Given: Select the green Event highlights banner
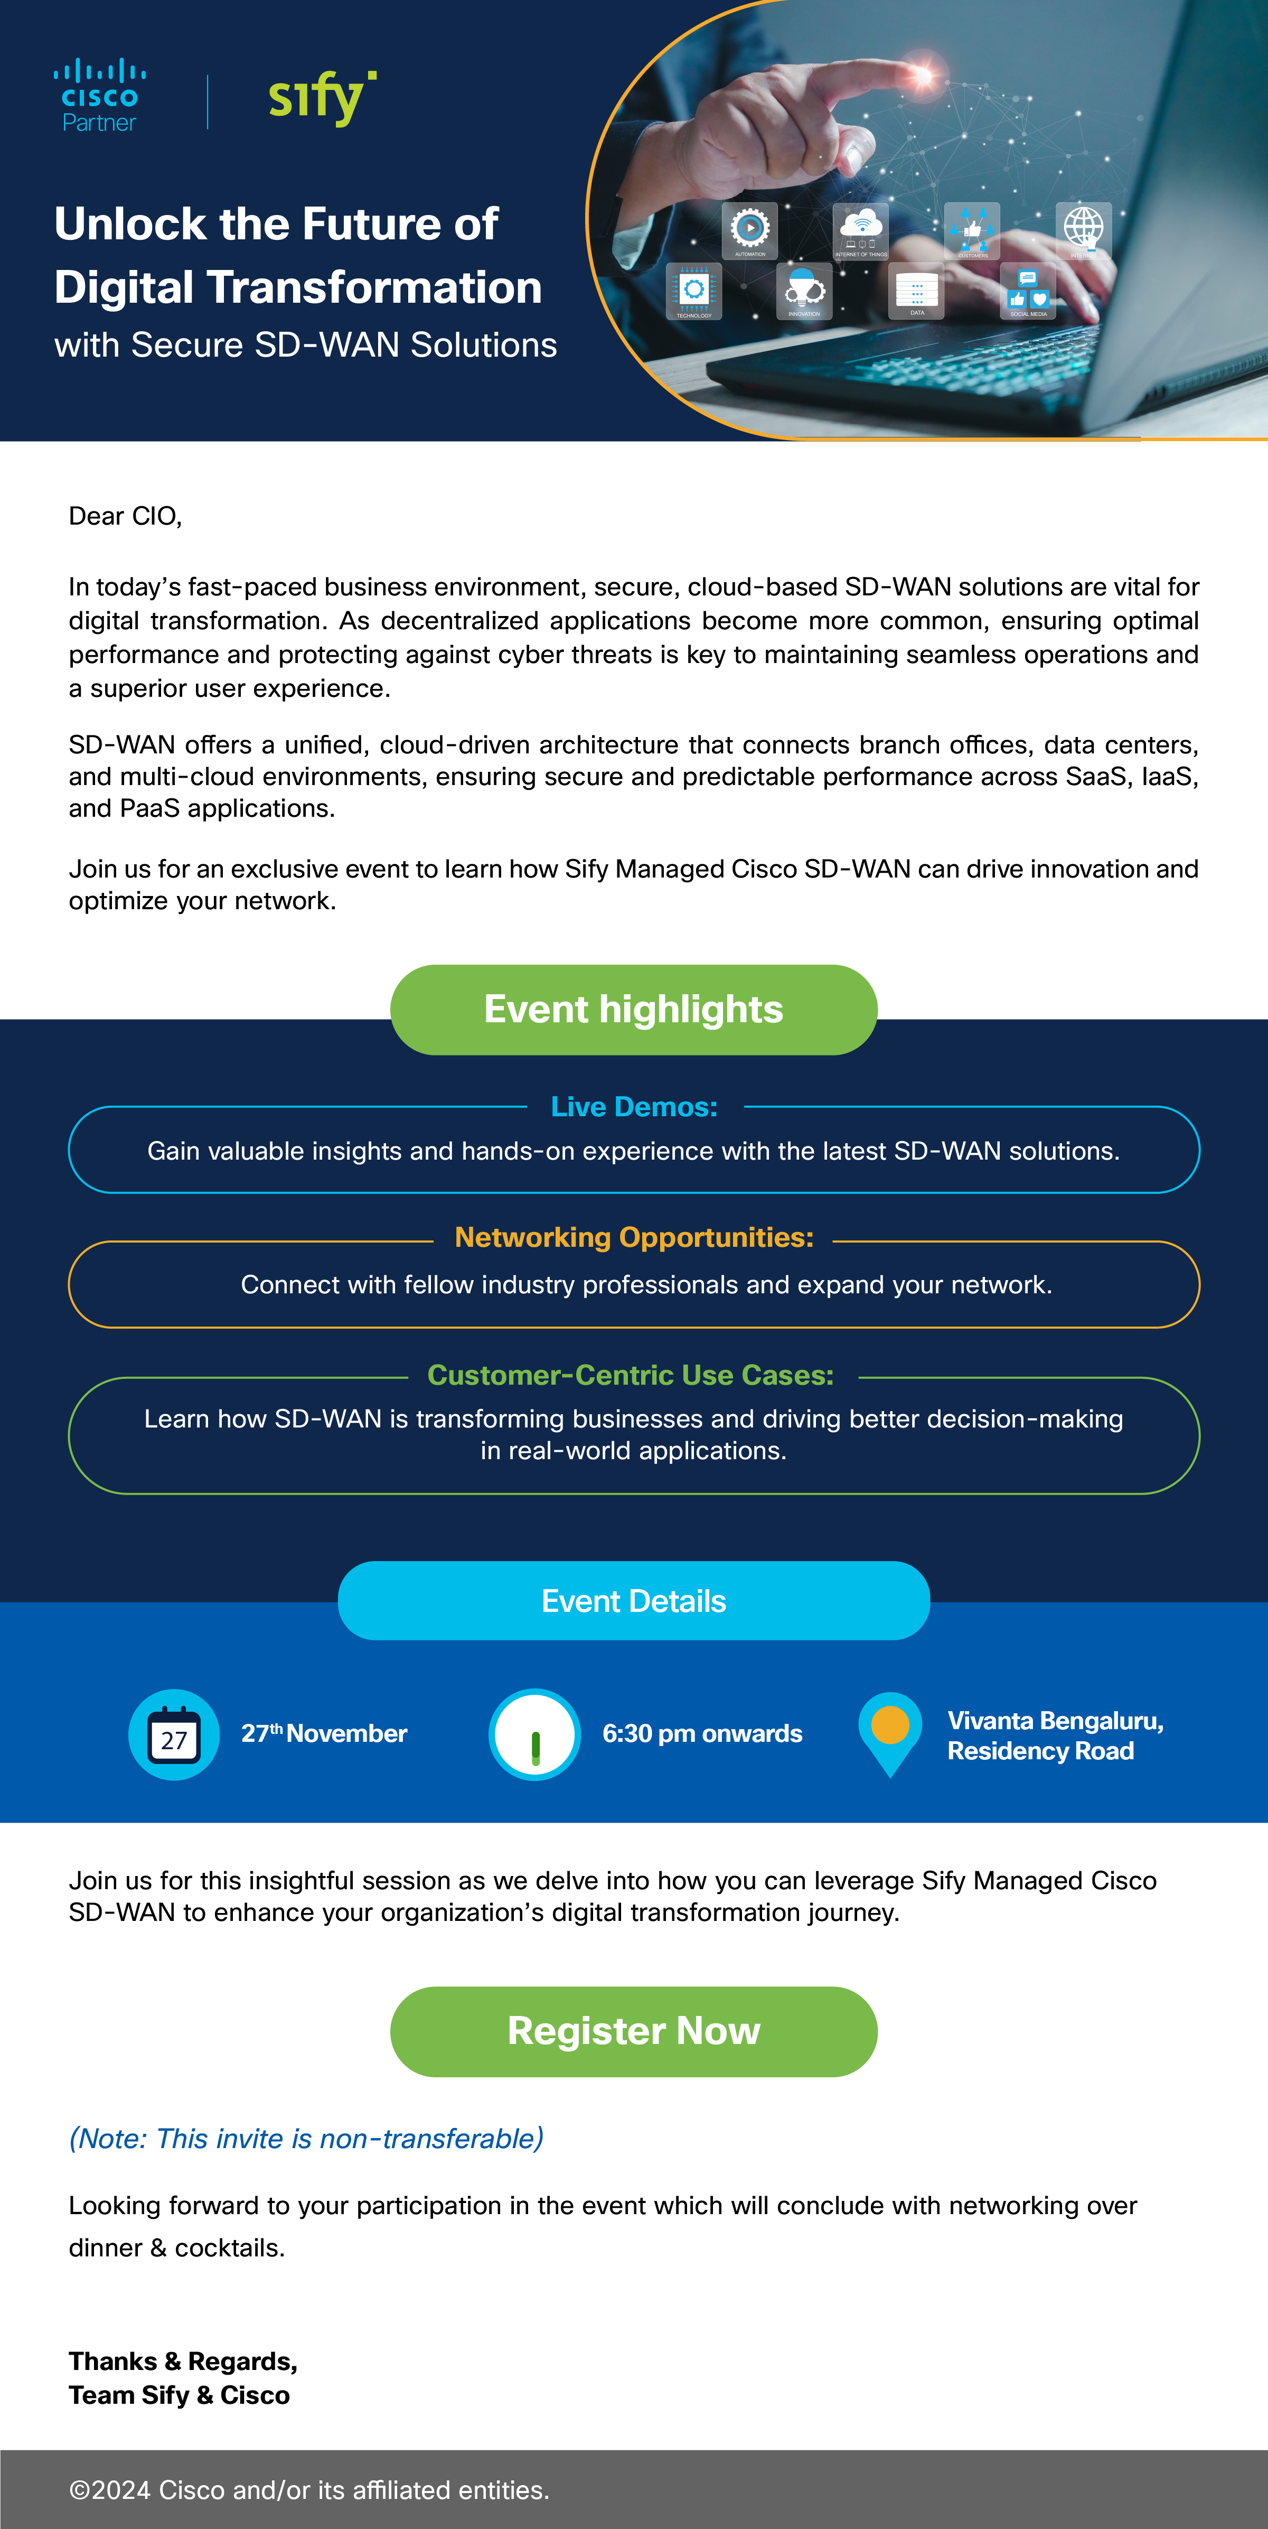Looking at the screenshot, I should point(633,1009).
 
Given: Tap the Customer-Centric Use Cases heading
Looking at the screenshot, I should point(631,1375).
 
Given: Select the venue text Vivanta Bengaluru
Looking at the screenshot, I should point(1055,1721).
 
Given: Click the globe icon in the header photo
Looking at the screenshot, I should point(1084,227).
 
